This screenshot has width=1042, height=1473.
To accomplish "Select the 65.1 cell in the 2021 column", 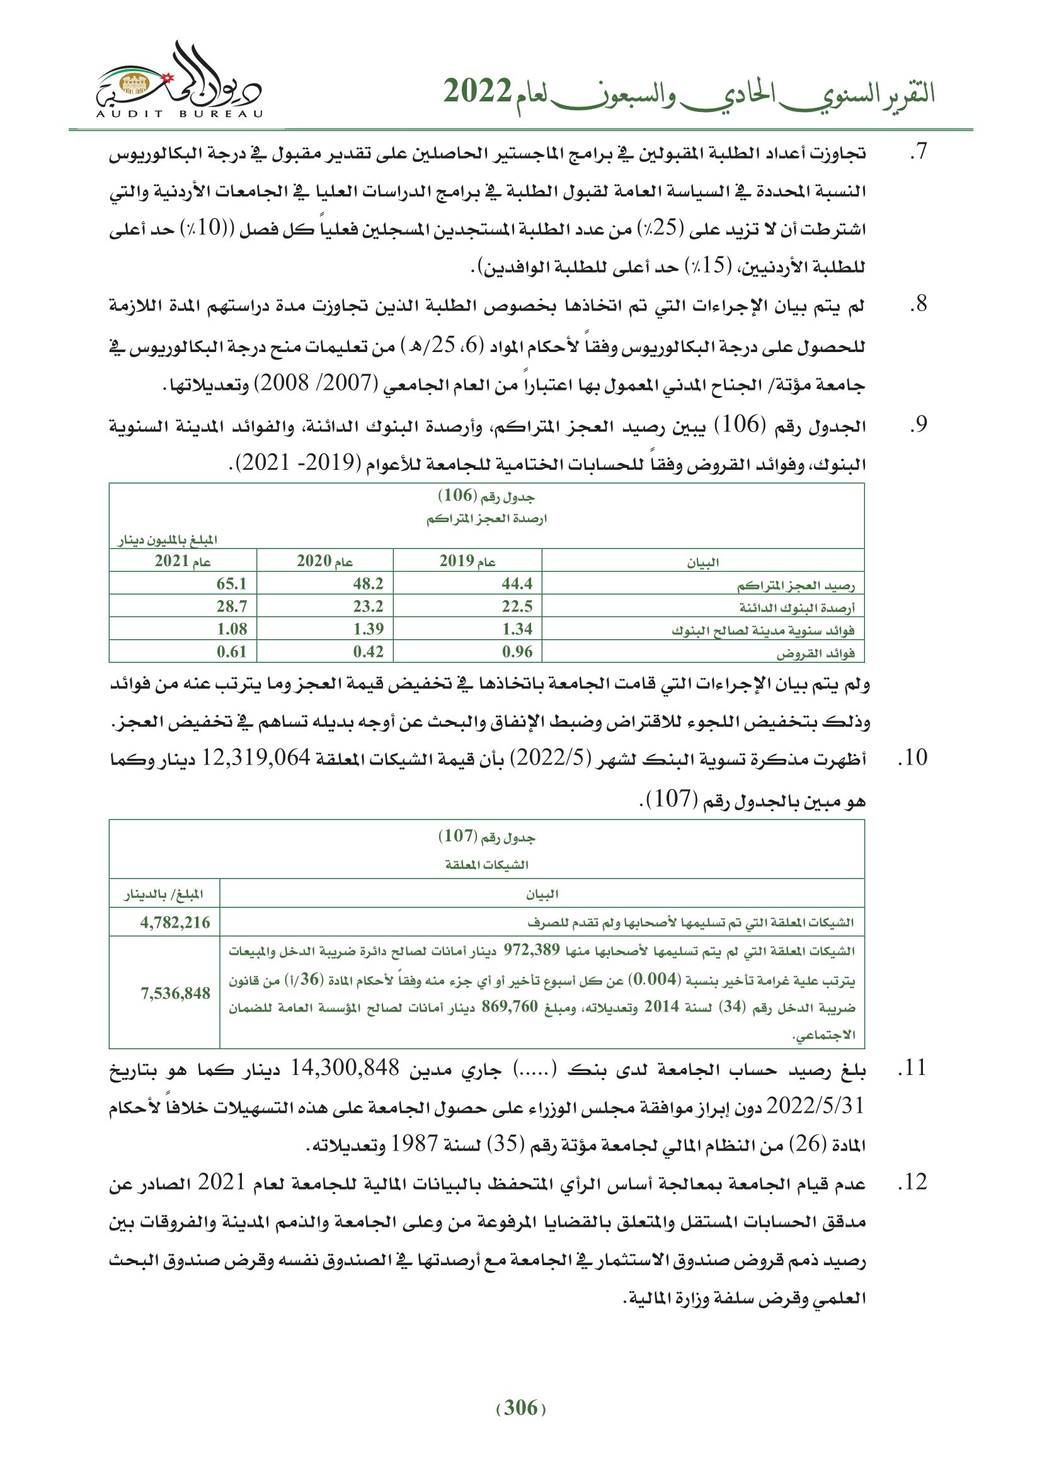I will tap(232, 584).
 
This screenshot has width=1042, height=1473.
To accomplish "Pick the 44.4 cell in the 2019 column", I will tap(517, 584).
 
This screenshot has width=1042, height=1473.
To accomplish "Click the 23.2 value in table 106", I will tap(369, 606).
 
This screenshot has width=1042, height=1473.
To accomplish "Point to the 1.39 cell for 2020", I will tap(369, 629).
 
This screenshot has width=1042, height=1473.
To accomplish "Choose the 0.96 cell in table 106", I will tap(517, 652).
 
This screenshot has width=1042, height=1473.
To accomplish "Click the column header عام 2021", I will tap(183, 561).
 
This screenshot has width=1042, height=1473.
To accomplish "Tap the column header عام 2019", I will tap(467, 561).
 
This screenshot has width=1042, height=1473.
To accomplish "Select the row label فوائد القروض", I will tap(815, 654).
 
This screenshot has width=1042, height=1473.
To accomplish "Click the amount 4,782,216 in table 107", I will tap(175, 923).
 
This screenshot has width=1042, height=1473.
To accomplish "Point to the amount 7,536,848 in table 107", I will tap(175, 994).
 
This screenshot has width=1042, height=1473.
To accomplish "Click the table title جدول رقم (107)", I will tap(486, 836).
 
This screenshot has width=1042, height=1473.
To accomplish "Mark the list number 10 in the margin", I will tap(912, 758).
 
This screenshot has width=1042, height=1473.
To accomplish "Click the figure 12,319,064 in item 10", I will tap(256, 758).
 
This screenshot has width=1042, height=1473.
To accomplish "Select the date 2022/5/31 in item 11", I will tap(815, 1105).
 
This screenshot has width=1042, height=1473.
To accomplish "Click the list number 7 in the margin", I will tap(919, 152).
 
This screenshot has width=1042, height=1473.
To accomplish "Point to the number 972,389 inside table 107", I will tap(531, 950).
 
